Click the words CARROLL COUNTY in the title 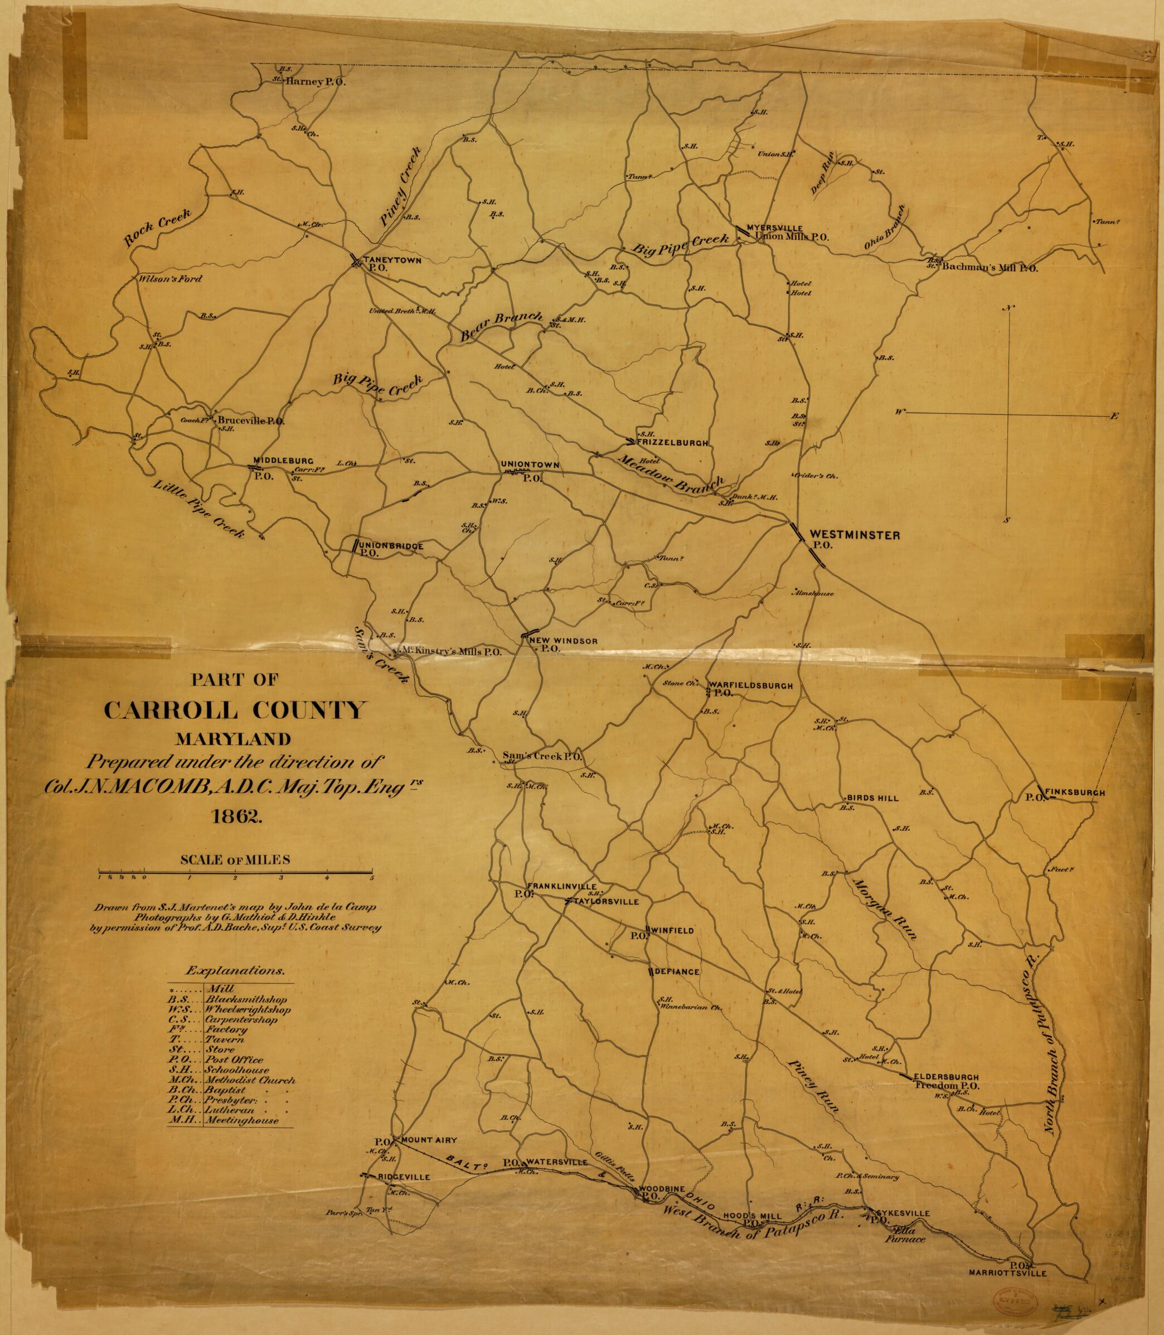pos(233,710)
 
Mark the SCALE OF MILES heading pos(235,859)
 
